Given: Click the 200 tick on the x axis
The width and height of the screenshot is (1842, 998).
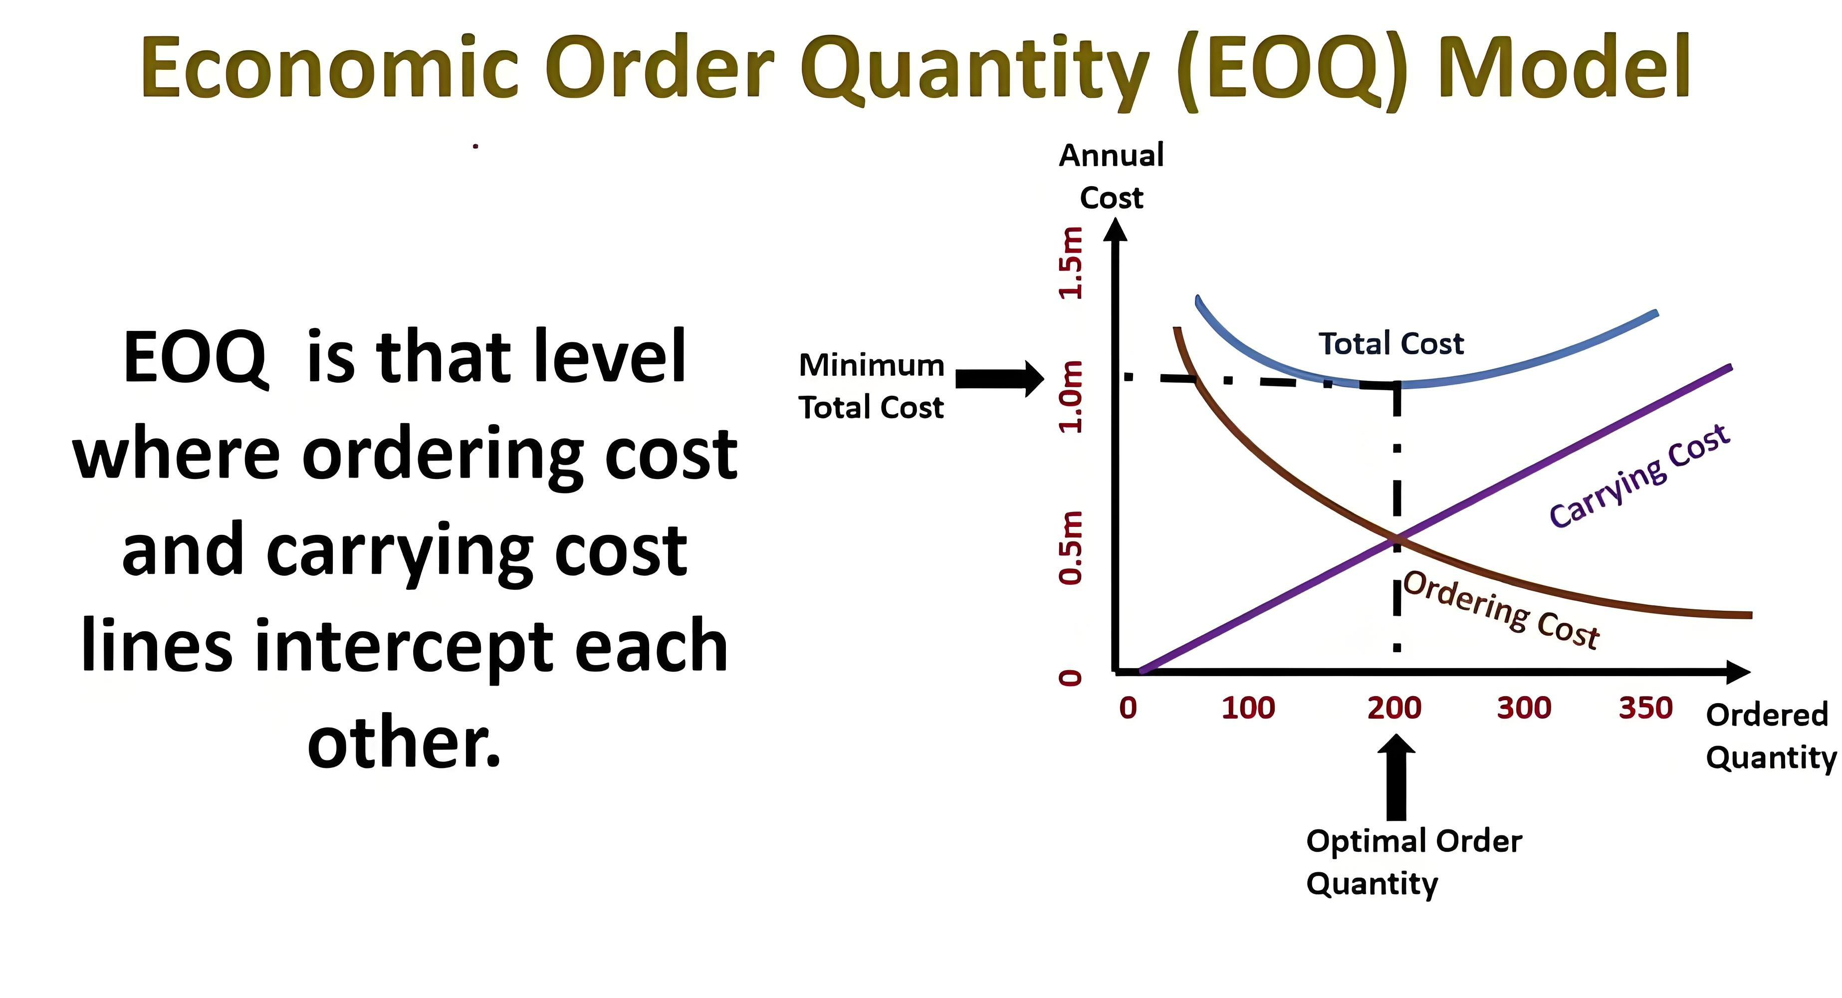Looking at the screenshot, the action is [x=1393, y=708].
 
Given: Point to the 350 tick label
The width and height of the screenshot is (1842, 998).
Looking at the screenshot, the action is [x=1646, y=708].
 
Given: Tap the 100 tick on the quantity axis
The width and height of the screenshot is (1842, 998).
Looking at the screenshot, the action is [x=1248, y=708].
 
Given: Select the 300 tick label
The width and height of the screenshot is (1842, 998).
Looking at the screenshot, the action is [x=1524, y=708].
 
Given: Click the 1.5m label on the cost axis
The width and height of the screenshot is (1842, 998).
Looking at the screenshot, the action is [x=1071, y=262].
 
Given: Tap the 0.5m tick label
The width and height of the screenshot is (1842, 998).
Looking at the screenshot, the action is [x=1071, y=548].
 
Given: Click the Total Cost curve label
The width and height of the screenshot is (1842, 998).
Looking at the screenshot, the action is [x=1391, y=344].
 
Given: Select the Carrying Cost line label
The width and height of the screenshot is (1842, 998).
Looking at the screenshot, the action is [x=1639, y=476].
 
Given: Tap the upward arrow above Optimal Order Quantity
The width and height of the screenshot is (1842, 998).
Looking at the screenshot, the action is [x=1396, y=777].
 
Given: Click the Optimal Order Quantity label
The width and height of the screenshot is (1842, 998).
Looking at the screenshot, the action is [x=1413, y=863].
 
